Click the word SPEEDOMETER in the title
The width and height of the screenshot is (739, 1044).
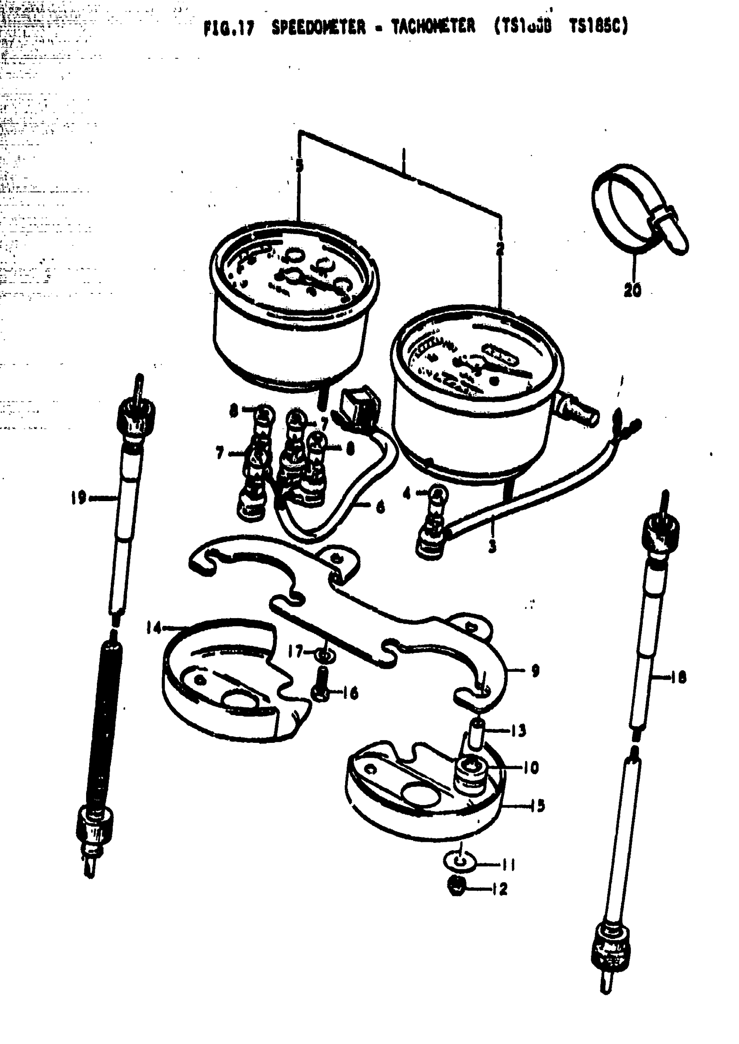(318, 28)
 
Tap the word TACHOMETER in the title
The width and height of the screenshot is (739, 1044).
(433, 27)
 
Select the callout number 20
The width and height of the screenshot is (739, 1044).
(632, 290)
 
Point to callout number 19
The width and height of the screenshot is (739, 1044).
(78, 498)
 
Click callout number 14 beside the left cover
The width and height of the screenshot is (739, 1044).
(154, 628)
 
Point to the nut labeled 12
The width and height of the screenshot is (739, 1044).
(457, 887)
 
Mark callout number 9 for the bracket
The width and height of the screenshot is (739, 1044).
(535, 671)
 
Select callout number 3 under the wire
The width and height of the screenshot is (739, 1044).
(492, 546)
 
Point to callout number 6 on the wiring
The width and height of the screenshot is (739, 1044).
(380, 507)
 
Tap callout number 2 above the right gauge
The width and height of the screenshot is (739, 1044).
(500, 249)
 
